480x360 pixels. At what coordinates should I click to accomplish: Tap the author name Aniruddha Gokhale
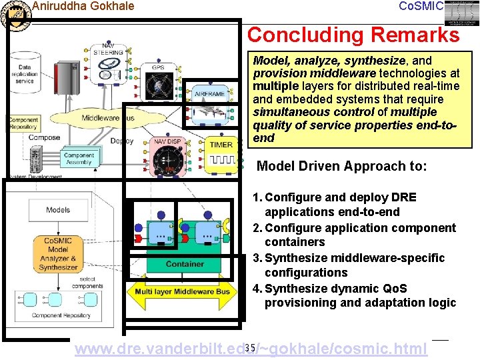[83, 7]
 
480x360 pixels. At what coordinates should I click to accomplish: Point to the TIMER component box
[221, 153]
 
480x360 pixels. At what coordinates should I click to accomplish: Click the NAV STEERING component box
[107, 63]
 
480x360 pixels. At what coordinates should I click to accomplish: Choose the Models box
[58, 210]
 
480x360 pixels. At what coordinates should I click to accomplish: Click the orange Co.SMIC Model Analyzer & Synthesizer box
[59, 254]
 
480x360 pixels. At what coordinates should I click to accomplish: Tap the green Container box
[185, 264]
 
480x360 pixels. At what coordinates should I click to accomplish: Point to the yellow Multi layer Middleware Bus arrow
[182, 291]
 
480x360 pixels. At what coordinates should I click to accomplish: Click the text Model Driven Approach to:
[341, 167]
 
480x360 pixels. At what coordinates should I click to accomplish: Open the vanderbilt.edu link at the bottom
[251, 349]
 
